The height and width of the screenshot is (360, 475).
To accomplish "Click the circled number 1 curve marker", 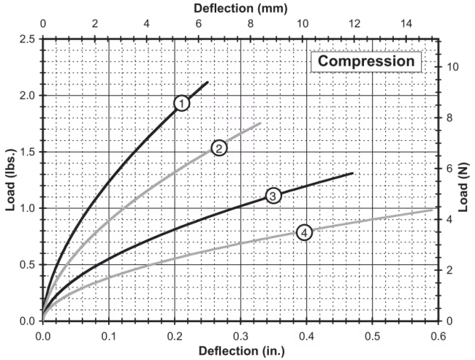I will click(x=181, y=104).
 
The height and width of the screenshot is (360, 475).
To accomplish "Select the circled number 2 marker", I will click(x=218, y=148).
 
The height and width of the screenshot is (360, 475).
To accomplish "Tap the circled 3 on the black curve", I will click(x=272, y=196).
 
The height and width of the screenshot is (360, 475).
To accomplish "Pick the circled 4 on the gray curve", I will click(x=305, y=232).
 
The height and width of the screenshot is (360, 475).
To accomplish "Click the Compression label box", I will click(x=367, y=61).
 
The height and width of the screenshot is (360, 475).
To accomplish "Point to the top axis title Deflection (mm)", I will click(x=240, y=8).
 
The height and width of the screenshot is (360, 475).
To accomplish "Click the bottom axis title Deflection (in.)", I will click(x=240, y=351).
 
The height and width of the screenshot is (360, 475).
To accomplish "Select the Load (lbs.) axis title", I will click(x=10, y=180).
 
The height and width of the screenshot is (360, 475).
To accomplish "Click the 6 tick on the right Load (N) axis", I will click(x=449, y=169).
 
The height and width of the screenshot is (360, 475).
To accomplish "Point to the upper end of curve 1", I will click(x=208, y=82).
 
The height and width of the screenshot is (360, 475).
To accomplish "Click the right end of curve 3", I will click(x=353, y=173).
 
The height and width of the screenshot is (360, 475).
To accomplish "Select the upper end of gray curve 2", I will click(x=260, y=123).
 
